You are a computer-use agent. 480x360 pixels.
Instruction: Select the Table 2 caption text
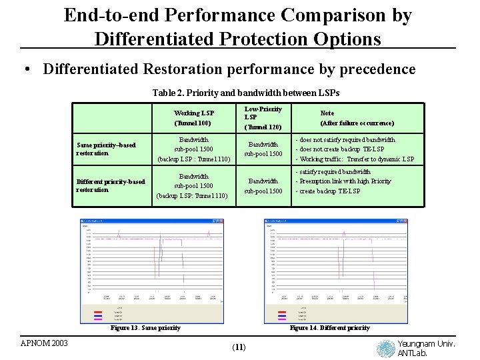245,93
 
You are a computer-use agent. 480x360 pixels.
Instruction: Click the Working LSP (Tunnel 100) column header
193,118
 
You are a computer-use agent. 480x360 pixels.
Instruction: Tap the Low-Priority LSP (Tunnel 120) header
263,117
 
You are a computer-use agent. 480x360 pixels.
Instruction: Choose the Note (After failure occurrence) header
357,118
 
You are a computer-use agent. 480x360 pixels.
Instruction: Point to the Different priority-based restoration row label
111,185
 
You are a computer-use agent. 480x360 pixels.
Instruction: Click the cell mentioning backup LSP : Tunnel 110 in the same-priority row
193,149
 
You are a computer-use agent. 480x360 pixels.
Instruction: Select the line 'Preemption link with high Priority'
345,181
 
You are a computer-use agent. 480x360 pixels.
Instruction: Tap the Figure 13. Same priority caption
145,328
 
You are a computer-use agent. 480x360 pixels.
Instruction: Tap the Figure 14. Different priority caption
329,328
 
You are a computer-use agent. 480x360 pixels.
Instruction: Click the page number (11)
239,347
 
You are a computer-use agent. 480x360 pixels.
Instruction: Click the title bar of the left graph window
151,221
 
